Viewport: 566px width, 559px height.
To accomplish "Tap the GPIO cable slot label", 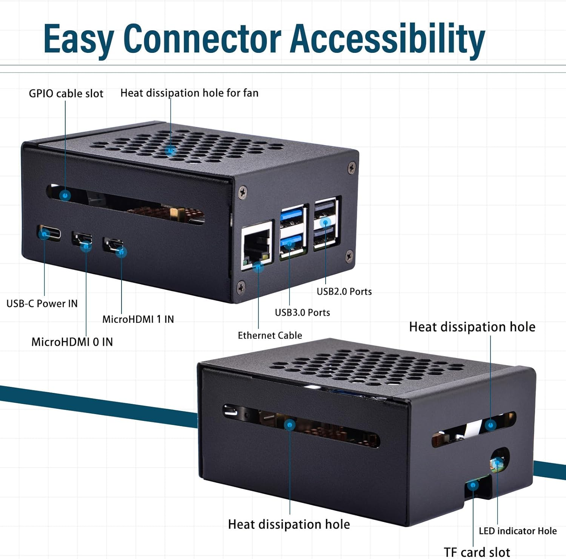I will [x=66, y=94].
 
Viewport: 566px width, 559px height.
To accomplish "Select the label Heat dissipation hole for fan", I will [x=189, y=93].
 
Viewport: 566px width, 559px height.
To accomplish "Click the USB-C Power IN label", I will [x=42, y=303].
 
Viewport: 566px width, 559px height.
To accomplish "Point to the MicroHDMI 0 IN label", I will [x=72, y=342].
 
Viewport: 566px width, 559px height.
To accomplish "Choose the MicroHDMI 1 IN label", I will [x=138, y=319].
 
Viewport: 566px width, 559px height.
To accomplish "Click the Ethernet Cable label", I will [x=270, y=335].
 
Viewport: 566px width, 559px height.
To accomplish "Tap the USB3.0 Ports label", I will [x=302, y=313].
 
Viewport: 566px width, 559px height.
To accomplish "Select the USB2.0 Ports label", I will [x=344, y=291].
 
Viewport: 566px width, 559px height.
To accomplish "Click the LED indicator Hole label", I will [x=518, y=531].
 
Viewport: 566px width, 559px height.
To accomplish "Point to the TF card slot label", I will [x=477, y=552].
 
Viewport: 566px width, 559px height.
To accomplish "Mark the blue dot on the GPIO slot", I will [x=66, y=196].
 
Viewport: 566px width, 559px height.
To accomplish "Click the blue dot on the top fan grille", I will [x=171, y=151].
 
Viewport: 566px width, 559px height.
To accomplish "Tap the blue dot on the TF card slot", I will [x=473, y=485].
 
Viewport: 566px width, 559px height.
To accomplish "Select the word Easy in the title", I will [x=78, y=39].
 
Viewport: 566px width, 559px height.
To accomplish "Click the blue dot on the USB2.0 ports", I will [x=325, y=223].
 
